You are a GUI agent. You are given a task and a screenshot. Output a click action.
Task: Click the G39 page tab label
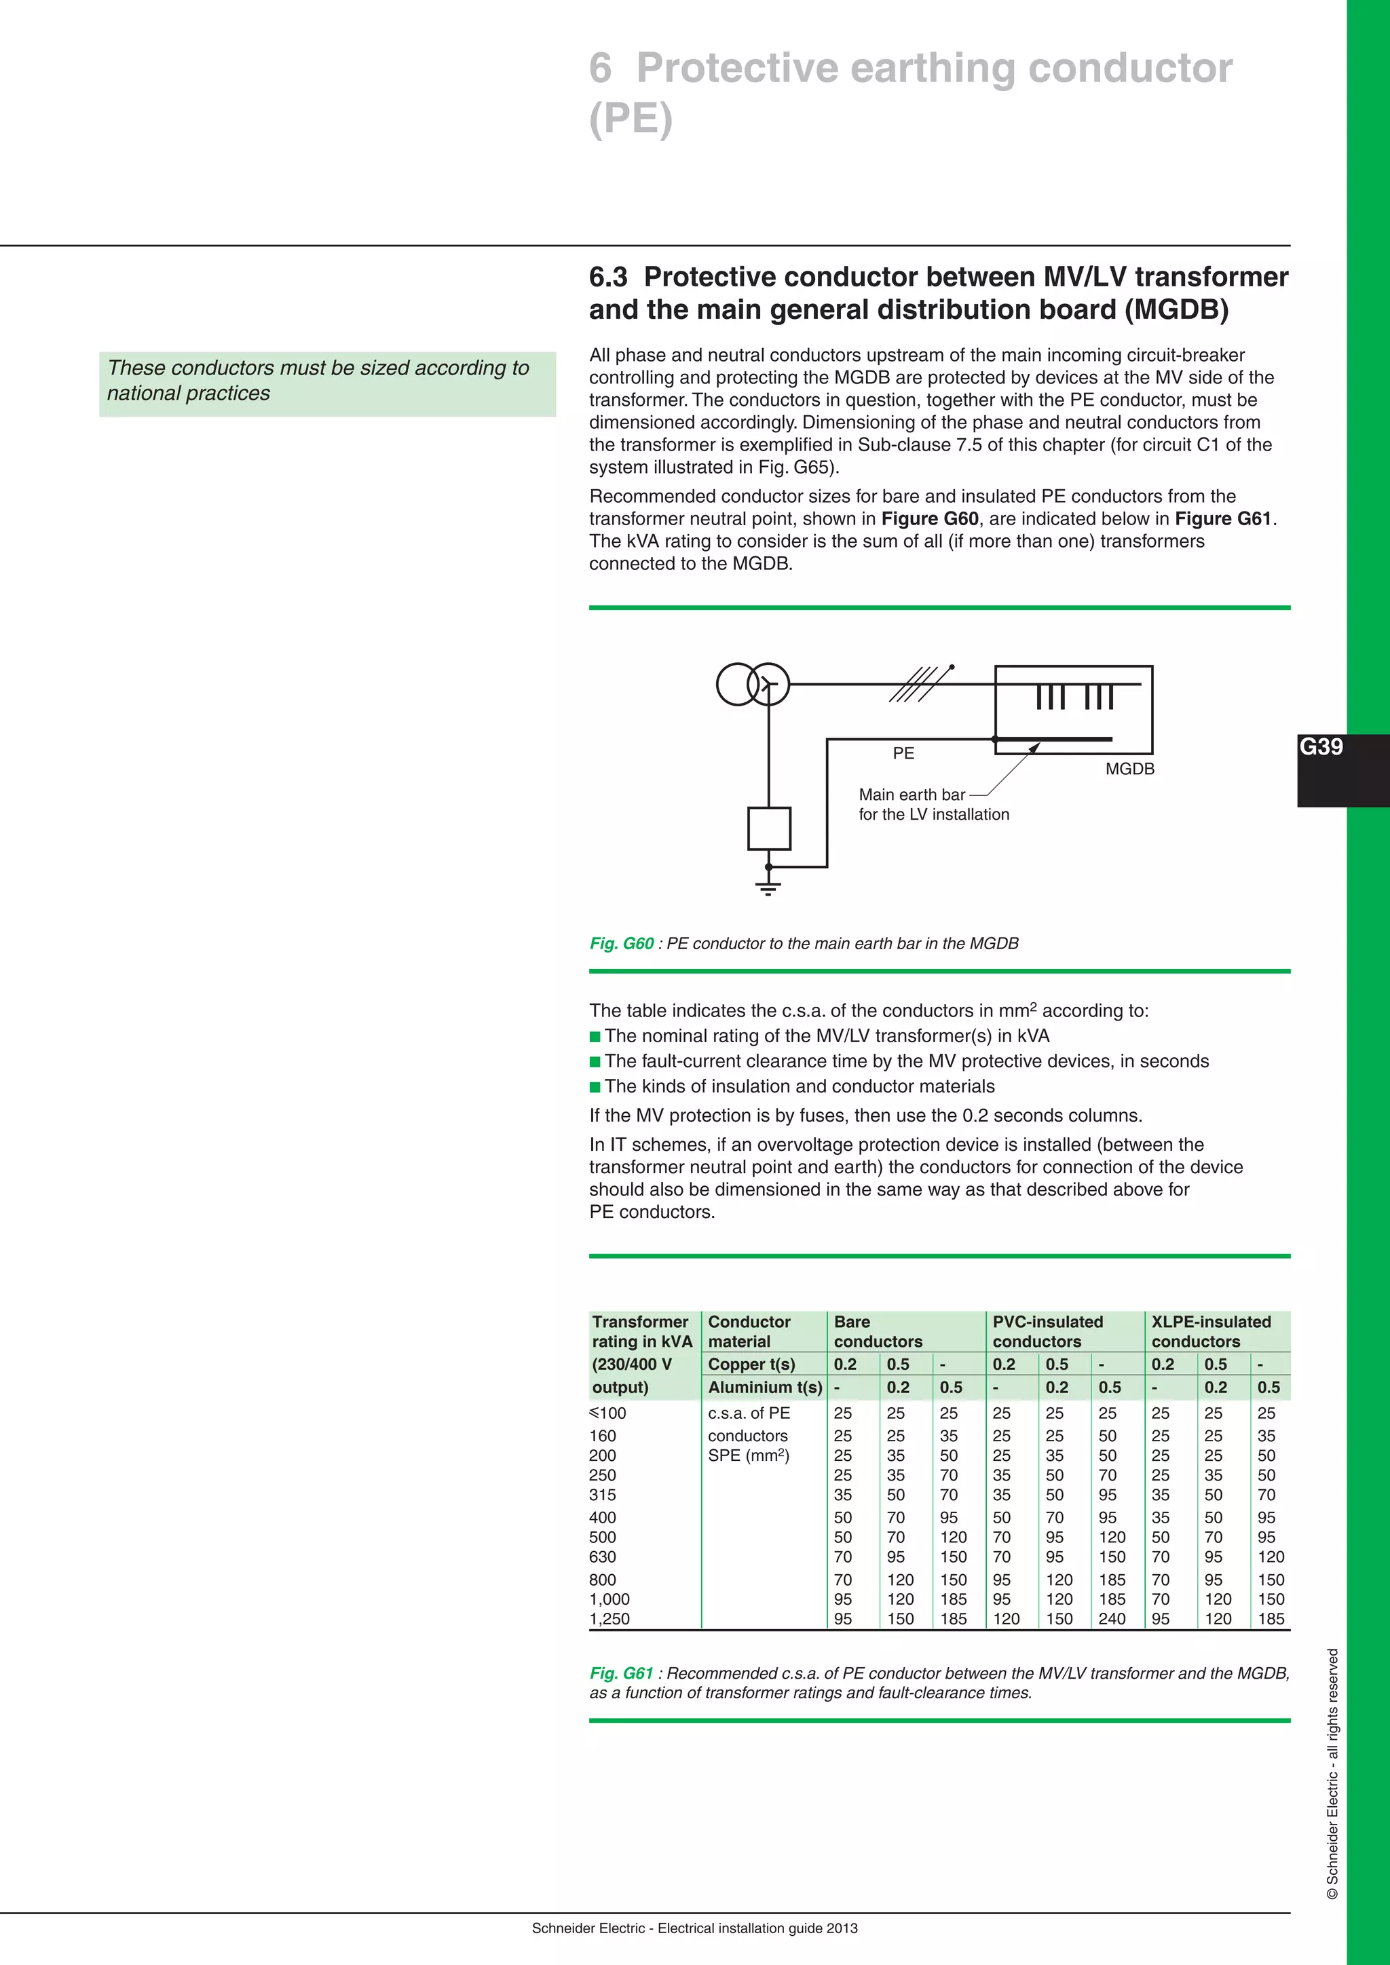1321,747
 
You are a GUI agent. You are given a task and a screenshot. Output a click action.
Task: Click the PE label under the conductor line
903,753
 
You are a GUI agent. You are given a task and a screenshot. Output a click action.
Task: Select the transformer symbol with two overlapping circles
752,684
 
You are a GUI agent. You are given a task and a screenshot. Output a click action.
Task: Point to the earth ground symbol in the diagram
768,888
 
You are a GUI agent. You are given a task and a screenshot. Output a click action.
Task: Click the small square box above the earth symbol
768,828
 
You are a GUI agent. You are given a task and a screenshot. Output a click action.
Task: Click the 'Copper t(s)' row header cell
751,1365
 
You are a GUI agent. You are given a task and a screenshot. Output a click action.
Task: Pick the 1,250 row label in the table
610,1618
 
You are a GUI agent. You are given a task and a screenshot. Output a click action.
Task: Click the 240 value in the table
1112,1618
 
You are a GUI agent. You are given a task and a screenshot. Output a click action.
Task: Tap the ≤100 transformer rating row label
609,1413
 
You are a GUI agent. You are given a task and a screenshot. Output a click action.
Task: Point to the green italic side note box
327,384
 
